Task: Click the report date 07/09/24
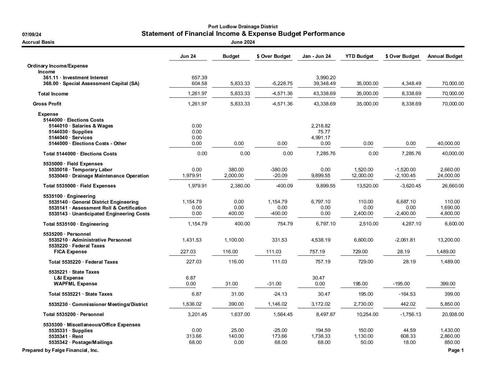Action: coord(32,34)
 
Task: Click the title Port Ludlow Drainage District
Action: coord(243,27)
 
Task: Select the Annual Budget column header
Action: coord(445,56)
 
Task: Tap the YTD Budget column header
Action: coord(359,56)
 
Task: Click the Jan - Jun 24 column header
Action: coord(317,56)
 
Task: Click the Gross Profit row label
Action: coord(47,104)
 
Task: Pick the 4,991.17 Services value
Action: coord(321,138)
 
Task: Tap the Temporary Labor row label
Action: coord(80,170)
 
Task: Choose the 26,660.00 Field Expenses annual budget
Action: coord(450,186)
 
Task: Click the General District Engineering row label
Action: coord(94,202)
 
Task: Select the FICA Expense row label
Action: coord(70,252)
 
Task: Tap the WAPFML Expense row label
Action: coord(75,284)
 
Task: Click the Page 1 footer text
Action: coord(456,350)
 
